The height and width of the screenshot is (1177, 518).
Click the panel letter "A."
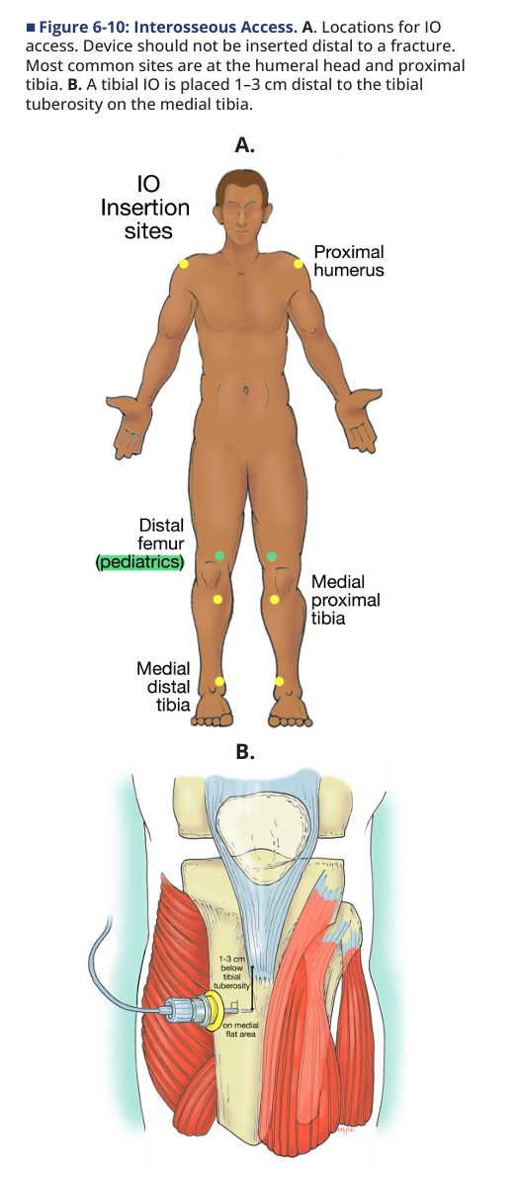point(245,145)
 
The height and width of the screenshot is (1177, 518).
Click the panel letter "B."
point(245,751)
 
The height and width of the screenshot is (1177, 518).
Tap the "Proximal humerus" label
point(348,261)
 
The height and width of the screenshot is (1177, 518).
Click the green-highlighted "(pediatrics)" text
point(140,561)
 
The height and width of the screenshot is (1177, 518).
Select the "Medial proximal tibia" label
point(345,601)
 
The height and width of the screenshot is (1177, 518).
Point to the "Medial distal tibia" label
point(164,687)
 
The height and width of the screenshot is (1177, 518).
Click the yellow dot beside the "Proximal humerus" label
point(298,264)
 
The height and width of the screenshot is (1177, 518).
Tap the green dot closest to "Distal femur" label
point(219,555)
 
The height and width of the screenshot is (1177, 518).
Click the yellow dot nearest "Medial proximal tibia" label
point(275,599)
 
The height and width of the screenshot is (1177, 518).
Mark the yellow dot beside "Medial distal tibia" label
point(219,682)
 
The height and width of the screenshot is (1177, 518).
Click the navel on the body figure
point(245,390)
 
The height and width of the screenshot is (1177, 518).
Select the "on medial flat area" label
point(242,1029)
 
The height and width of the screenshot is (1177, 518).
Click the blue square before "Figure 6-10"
point(30,28)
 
